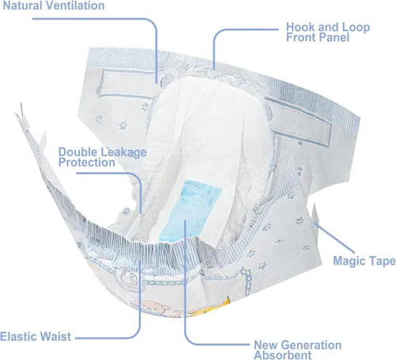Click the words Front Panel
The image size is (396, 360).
click(x=318, y=37)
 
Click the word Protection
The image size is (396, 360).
click(x=86, y=163)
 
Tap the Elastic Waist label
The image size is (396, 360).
click(x=36, y=337)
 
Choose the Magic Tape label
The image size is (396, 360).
click(x=364, y=261)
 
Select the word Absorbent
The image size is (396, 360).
click(x=283, y=355)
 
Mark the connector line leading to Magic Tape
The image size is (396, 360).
click(x=334, y=238)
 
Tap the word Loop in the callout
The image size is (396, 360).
click(x=356, y=27)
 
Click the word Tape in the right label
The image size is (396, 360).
click(x=383, y=261)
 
